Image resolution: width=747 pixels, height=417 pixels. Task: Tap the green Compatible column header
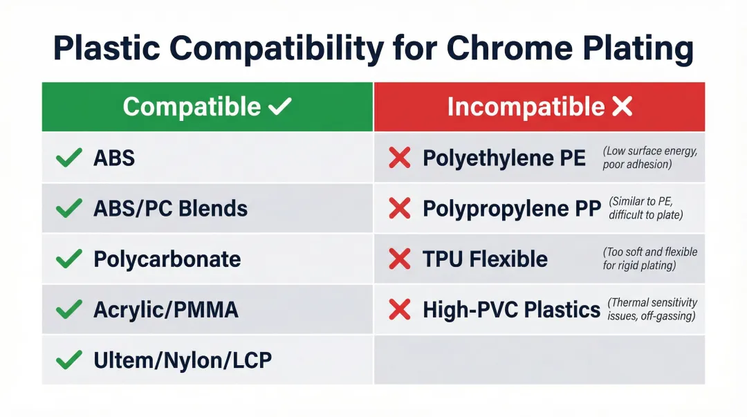point(207,106)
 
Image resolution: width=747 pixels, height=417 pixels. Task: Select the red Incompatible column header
point(539,106)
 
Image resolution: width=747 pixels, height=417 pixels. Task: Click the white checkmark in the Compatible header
point(279,106)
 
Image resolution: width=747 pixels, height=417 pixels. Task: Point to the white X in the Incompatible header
point(622,106)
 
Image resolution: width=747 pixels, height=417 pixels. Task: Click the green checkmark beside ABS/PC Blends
point(69,208)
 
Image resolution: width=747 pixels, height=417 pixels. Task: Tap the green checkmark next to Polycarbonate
point(69,259)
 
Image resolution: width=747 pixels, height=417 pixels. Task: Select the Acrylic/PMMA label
point(165,310)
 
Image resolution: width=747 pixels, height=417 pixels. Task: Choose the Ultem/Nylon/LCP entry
point(183,360)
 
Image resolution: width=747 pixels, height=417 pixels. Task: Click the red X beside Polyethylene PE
point(400,158)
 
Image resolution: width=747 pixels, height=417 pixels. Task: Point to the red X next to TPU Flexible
point(400,259)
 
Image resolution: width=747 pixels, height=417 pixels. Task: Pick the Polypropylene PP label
point(511,209)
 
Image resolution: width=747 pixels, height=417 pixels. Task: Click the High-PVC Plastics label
point(511,310)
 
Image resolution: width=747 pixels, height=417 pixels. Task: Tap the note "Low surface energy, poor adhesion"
point(649,158)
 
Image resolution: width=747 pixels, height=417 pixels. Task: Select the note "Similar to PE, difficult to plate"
point(645,208)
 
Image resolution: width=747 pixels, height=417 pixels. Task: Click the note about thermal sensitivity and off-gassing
point(652,309)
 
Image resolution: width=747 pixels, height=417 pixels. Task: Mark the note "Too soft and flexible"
point(649,258)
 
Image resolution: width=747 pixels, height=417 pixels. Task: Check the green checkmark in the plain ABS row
point(69,158)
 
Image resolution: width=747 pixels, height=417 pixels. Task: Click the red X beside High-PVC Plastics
point(400,310)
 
